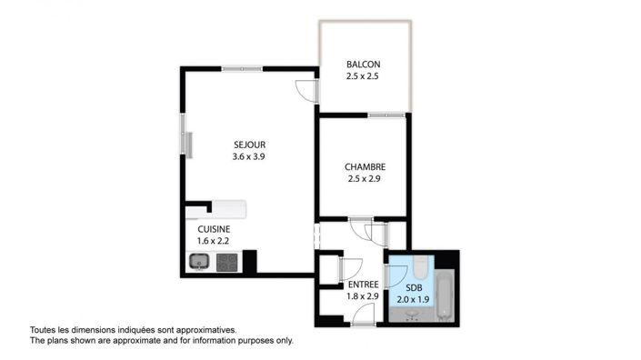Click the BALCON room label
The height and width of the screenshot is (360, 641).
(x=363, y=64)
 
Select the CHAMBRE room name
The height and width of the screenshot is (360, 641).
(x=366, y=166)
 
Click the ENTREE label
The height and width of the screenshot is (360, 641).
(x=362, y=284)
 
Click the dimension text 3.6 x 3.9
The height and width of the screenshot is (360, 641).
(x=248, y=155)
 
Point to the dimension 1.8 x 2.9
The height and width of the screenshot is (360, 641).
(x=362, y=296)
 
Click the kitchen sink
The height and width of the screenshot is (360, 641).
(x=200, y=263)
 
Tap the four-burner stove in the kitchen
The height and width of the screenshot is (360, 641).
(x=226, y=263)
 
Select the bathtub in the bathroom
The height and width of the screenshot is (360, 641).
(x=444, y=295)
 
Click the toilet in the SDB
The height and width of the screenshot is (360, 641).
(x=418, y=267)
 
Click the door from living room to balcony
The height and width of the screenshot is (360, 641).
(x=308, y=88)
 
